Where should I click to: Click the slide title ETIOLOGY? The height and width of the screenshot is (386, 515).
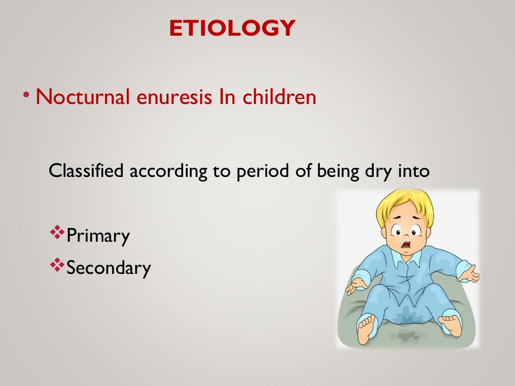click(x=232, y=28)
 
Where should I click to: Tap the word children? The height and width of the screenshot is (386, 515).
click(x=280, y=97)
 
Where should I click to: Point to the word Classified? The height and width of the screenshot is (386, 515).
click(x=86, y=171)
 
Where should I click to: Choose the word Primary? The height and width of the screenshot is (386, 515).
click(x=98, y=236)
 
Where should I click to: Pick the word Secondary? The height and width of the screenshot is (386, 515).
click(x=109, y=267)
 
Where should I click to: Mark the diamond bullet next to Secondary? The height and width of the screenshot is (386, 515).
click(x=58, y=265)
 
